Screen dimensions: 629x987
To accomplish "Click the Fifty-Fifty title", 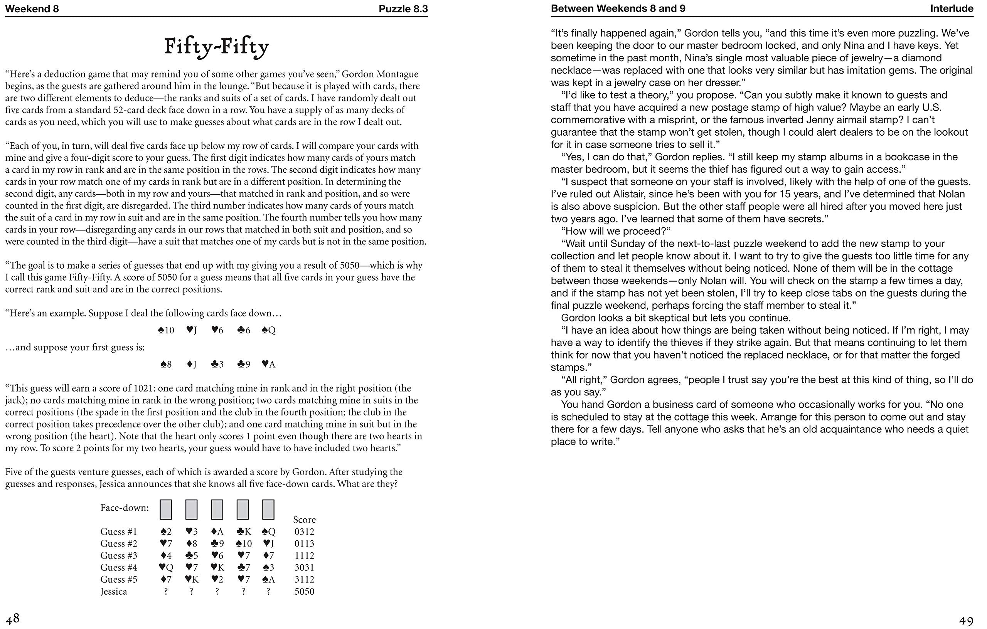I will pyautogui.click(x=216, y=47).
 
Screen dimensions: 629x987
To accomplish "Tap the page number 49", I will pyautogui.click(x=966, y=621).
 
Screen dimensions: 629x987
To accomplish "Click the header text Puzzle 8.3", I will pyautogui.click(x=403, y=8).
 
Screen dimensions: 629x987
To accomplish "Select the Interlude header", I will pyautogui.click(x=952, y=8).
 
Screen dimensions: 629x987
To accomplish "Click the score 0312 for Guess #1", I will pyautogui.click(x=304, y=532).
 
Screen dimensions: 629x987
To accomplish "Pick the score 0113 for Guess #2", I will pyautogui.click(x=304, y=544).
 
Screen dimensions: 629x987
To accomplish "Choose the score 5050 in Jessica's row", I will pyautogui.click(x=304, y=592).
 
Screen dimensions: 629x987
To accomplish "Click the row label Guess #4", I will pyautogui.click(x=119, y=568).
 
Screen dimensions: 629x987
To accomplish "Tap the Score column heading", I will pyautogui.click(x=304, y=520).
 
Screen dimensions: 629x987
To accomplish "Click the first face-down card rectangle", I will pyautogui.click(x=166, y=510).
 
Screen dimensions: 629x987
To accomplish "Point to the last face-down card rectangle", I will pyautogui.click(x=268, y=510).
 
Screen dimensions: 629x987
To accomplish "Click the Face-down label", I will pyautogui.click(x=124, y=508).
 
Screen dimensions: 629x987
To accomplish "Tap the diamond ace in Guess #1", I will pyautogui.click(x=217, y=532).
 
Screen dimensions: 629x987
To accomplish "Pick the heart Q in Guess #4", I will pyautogui.click(x=166, y=568).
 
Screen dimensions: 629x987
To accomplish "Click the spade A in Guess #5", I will pyautogui.click(x=268, y=580).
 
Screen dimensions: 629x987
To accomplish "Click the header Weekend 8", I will pyautogui.click(x=32, y=8).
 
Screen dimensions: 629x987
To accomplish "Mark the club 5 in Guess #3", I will pyautogui.click(x=191, y=556).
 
